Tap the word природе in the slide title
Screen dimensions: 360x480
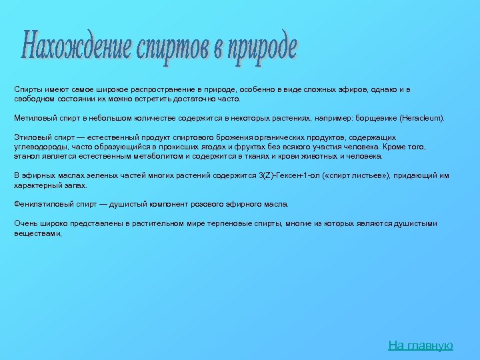coord(261,49)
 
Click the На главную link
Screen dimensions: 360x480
coord(421,345)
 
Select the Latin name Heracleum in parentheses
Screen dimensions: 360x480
coord(421,117)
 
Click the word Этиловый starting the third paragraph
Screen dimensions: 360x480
coord(30,137)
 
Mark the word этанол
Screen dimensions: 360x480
coord(26,156)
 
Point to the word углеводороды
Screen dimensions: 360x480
coord(39,147)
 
